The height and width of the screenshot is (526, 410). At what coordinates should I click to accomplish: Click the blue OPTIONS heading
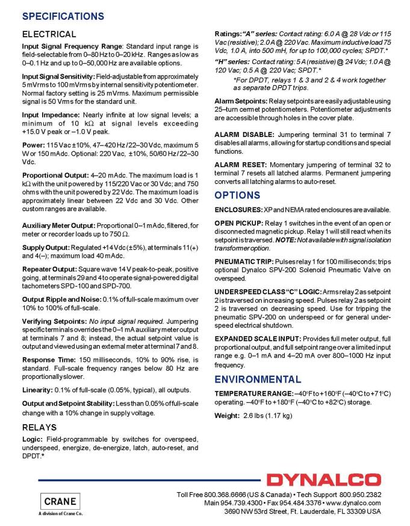click(238, 195)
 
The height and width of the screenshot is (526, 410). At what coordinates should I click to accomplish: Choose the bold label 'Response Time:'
click(47, 358)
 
